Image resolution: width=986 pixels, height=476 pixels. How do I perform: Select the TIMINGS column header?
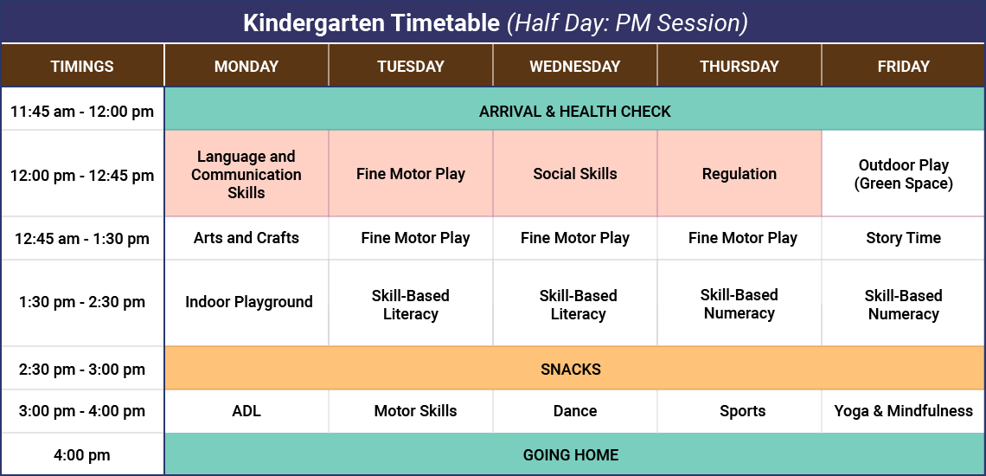pos(82,67)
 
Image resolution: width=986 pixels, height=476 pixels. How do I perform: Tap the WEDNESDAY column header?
pos(575,67)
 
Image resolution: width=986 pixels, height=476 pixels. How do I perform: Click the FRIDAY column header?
pos(903,67)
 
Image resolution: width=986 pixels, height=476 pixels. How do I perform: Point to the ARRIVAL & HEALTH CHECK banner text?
pos(575,111)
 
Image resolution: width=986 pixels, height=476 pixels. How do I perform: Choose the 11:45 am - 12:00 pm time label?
pos(82,111)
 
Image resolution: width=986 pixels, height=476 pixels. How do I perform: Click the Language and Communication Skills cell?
pos(246,174)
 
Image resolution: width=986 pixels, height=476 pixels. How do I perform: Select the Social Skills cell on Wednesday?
pos(575,174)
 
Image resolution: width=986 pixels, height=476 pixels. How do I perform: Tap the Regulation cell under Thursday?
pos(739,174)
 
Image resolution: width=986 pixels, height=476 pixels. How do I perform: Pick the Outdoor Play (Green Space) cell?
pos(903,174)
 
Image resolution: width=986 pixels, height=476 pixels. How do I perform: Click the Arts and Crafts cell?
pos(246,238)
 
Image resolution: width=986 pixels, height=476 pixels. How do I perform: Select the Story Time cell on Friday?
pos(903,238)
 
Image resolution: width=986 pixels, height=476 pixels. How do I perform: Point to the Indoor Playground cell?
pos(249,302)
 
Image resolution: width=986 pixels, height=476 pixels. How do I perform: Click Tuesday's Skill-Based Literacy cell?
pos(411,305)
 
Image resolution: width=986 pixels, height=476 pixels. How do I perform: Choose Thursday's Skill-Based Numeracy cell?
pos(739,304)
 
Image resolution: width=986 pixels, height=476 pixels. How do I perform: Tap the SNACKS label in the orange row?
pos(571,370)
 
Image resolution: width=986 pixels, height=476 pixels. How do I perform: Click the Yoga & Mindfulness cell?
pos(903,411)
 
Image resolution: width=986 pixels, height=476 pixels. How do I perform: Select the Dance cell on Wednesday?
pos(575,411)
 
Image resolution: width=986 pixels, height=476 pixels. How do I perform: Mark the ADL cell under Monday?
pos(246,411)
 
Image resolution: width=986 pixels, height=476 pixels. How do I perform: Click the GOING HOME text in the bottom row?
pos(571,455)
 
